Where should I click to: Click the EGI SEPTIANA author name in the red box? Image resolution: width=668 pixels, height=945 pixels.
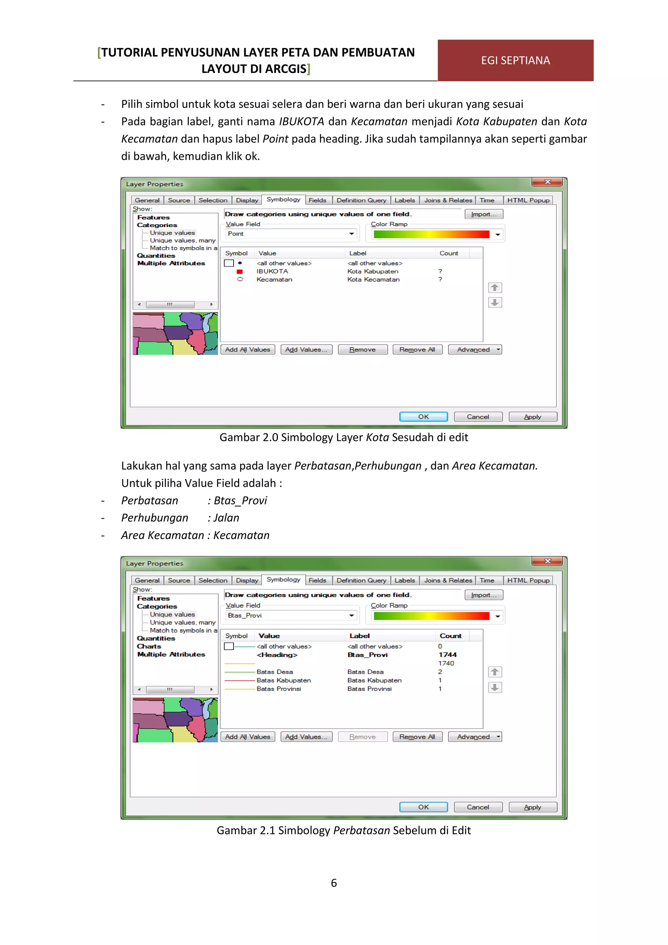pos(515,60)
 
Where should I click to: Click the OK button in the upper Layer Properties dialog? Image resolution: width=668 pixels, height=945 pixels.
pos(423,416)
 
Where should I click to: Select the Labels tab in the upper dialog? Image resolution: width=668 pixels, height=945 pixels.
pos(404,200)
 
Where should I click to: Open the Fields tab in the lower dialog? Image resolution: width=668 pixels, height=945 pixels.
pos(317,580)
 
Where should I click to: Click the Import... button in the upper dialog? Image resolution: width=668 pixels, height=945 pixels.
pos(484,214)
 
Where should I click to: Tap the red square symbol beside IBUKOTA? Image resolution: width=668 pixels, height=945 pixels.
pos(240,271)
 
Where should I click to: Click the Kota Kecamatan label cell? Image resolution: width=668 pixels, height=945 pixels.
pos(373,279)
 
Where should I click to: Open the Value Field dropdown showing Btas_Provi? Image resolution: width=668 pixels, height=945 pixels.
pos(351,615)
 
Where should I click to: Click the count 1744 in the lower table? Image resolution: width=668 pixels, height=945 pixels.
pos(447,655)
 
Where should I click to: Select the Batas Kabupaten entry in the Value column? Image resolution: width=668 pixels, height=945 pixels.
pos(283,680)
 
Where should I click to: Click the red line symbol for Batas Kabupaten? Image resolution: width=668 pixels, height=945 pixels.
pos(240,680)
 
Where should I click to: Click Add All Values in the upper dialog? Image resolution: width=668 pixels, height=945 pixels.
pos(248,349)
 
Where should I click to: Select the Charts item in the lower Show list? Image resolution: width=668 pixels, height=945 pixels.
pos(149,646)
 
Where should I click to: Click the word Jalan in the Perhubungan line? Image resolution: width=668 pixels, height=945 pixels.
pos(226,518)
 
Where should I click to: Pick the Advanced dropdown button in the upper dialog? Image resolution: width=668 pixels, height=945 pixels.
pos(475,349)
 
